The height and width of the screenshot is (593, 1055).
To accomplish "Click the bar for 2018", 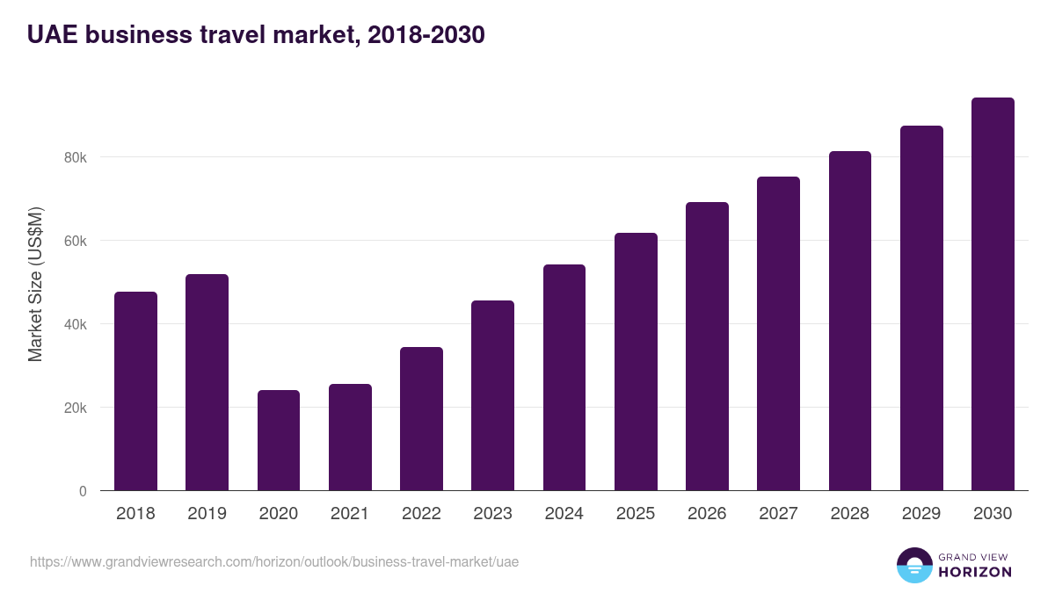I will pos(135,391).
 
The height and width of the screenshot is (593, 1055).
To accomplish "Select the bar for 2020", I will pos(279,440).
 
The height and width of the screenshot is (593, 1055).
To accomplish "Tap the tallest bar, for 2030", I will pos(993,294).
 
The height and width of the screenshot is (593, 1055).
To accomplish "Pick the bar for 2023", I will pos(492,395).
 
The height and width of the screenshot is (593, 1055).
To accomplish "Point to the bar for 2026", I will pos(707,346).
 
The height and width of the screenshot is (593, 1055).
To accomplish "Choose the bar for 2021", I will pos(350,437).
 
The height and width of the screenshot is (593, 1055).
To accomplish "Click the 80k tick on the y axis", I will pos(76,157).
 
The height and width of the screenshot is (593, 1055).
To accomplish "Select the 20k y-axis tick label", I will pos(76,408).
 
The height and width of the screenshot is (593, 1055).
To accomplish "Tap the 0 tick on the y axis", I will pos(83,491).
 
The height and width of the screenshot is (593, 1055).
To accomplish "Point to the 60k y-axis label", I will pos(76,241).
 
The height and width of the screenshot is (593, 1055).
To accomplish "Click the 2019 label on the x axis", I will pos(207,514).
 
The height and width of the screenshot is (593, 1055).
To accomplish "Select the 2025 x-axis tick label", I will pos(636,514).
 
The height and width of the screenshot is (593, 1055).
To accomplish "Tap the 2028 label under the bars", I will pos(850,514).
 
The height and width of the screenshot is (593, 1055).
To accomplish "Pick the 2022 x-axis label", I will pos(421,514).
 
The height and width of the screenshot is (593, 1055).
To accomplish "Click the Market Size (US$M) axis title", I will pos(36,285).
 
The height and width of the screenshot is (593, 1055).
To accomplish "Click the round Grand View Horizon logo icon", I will pos(913,565).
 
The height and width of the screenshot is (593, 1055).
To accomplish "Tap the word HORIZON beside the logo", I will pos(975,572).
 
